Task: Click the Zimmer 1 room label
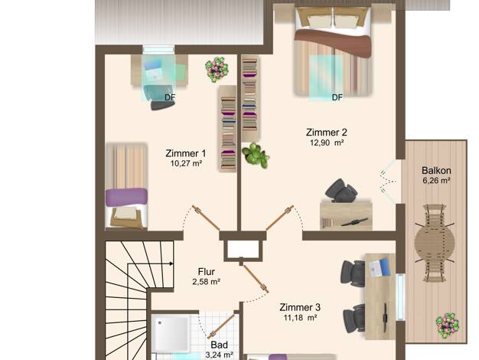(185, 153)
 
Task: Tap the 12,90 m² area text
(327, 142)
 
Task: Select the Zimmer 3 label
(300, 307)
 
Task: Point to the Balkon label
(436, 170)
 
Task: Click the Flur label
(206, 272)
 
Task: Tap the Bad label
(219, 345)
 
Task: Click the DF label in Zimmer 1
(170, 97)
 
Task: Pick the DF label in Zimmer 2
(337, 97)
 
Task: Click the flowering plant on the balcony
(447, 325)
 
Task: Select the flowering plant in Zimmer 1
(217, 70)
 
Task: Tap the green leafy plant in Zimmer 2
(256, 155)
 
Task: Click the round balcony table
(435, 243)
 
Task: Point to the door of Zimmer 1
(206, 218)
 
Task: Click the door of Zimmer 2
(280, 218)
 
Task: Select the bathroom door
(221, 326)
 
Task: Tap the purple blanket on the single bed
(126, 198)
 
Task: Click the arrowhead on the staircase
(171, 263)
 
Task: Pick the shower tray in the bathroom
(171, 334)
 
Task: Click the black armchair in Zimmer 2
(341, 191)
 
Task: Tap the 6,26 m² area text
(436, 181)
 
